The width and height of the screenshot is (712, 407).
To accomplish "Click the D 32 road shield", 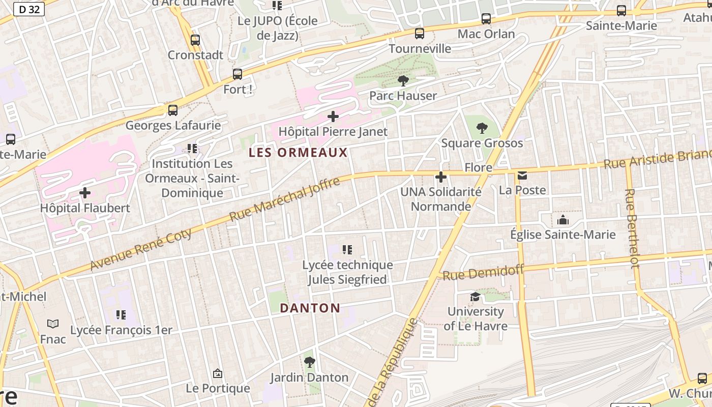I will tap(28, 9).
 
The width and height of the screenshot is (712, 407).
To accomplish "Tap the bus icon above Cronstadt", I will tap(195, 40).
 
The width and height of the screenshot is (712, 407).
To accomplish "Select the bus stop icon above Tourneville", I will tap(420, 34).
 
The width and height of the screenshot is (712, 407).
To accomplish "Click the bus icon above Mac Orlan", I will tap(486, 19).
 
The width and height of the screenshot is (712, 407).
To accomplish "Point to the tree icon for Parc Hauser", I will tap(403, 80).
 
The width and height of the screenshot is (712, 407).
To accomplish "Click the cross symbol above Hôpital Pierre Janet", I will tap(333, 117).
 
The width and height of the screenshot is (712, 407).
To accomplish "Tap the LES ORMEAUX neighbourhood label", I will tap(298, 153).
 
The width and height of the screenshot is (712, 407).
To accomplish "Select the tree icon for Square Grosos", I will tap(482, 128).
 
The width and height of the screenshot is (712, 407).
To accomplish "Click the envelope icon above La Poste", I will tap(522, 176).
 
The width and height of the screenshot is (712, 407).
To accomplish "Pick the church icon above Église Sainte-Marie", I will tap(563, 220).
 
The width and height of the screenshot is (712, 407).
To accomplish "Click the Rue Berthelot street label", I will tap(632, 228).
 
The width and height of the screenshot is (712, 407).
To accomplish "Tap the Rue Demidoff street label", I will tap(483, 273).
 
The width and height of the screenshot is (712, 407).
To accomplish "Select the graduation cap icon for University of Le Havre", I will tap(475, 297).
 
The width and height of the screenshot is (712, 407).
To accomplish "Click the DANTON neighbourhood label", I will tap(310, 308).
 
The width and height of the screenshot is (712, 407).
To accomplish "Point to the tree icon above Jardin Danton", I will tap(309, 362).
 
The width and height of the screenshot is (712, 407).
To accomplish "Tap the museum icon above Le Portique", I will tap(218, 374).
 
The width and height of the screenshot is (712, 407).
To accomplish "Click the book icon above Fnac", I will tap(53, 324).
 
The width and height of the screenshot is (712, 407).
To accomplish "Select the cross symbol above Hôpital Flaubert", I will tap(85, 193).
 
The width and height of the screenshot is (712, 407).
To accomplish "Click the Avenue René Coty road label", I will tap(141, 249).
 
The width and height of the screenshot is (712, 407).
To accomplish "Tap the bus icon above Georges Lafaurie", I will tap(173, 110).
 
